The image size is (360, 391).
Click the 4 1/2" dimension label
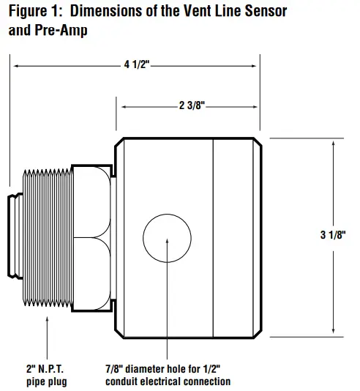pos(136,65)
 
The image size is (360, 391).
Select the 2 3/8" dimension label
pos(191,106)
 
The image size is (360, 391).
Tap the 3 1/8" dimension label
pos(332,235)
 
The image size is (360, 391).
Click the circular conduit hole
pos(167,239)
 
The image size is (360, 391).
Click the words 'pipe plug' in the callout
pos(48,381)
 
